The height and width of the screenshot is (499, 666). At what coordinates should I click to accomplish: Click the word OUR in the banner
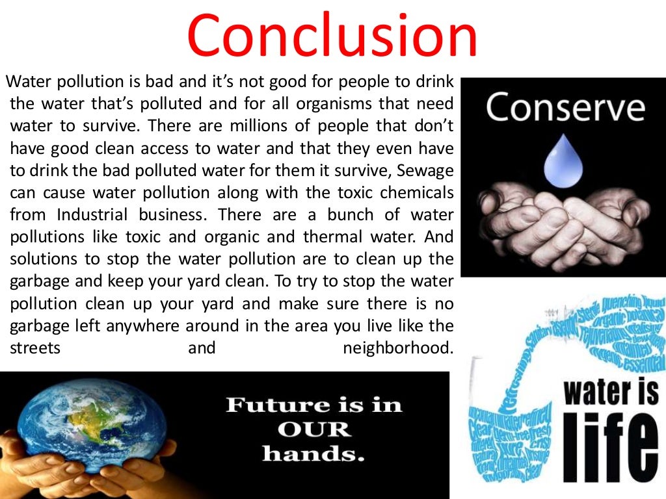point(313,429)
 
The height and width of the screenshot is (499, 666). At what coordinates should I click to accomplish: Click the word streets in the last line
point(35,348)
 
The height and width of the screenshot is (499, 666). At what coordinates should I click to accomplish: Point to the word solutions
point(46,259)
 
